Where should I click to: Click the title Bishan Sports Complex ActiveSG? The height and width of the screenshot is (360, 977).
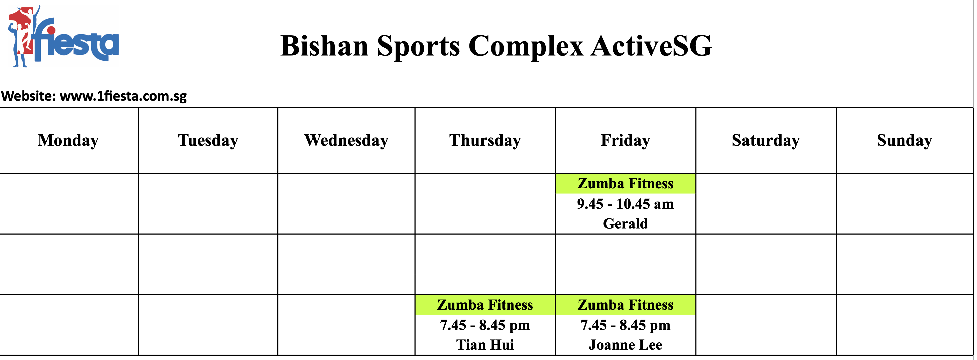(496, 46)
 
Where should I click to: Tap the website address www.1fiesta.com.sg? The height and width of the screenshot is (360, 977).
(123, 96)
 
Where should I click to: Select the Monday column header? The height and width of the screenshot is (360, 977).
(68, 140)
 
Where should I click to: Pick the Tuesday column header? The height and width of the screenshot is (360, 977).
(208, 140)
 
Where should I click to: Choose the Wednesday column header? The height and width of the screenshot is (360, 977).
(346, 140)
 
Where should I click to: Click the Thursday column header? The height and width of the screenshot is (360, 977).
(485, 140)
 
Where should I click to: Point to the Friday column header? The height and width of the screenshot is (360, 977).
(625, 140)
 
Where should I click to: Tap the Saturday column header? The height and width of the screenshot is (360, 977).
(766, 140)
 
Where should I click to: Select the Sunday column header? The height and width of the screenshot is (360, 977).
(905, 140)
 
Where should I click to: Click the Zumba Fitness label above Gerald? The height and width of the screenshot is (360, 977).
(625, 184)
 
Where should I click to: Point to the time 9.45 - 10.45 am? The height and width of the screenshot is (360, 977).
(625, 204)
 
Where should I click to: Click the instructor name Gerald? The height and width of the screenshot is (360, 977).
(625, 224)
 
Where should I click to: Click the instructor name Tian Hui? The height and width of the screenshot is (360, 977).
(485, 345)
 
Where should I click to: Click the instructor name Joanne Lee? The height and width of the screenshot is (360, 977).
(625, 345)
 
